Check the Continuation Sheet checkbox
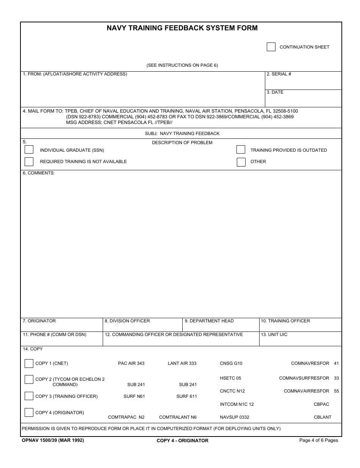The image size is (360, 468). (271, 47)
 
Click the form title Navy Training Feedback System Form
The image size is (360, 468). (182, 28)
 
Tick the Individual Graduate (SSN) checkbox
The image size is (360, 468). (29, 150)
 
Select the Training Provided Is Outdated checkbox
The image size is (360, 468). (241, 150)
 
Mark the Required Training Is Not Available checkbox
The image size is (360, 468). (29, 162)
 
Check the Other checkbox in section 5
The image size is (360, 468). (241, 162)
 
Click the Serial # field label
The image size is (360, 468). (279, 74)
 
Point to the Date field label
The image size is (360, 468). (275, 92)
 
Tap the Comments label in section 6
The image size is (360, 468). (39, 173)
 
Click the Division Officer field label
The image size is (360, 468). (127, 321)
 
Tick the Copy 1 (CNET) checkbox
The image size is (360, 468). (29, 363)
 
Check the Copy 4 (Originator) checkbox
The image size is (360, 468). (29, 412)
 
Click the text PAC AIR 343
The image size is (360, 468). (131, 363)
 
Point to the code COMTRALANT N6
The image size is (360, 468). (178, 417)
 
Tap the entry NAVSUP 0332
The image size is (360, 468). (235, 417)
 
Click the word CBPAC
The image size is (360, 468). (321, 404)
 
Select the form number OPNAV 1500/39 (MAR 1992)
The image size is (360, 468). (53, 440)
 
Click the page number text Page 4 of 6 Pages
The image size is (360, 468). (318, 440)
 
